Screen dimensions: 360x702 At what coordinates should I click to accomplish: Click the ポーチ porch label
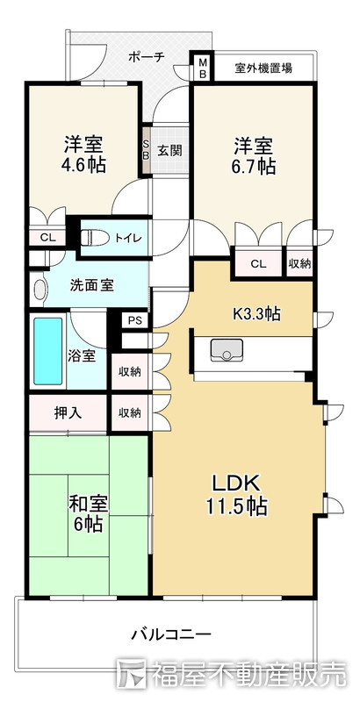pyautogui.click(x=147, y=57)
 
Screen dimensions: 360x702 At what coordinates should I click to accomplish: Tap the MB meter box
pyautogui.click(x=202, y=68)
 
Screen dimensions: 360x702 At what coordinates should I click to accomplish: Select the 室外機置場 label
pyautogui.click(x=263, y=68)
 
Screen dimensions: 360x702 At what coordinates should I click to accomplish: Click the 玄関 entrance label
pyautogui.click(x=169, y=150)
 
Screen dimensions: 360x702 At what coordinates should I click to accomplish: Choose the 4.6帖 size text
pyautogui.click(x=83, y=165)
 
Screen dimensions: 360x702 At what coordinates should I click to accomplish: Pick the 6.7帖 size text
pyautogui.click(x=254, y=166)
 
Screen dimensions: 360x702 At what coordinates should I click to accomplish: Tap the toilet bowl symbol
pyautogui.click(x=95, y=238)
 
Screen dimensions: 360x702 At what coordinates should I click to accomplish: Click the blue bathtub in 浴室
pyautogui.click(x=48, y=351)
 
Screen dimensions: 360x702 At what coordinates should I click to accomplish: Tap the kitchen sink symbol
pyautogui.click(x=227, y=349)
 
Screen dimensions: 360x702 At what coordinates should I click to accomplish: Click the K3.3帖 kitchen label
pyautogui.click(x=256, y=313)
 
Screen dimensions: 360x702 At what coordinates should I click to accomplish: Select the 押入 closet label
pyautogui.click(x=68, y=412)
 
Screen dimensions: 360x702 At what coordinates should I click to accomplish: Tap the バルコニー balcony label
pyautogui.click(x=170, y=634)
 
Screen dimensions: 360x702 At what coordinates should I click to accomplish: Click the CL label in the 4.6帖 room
pyautogui.click(x=47, y=238)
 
